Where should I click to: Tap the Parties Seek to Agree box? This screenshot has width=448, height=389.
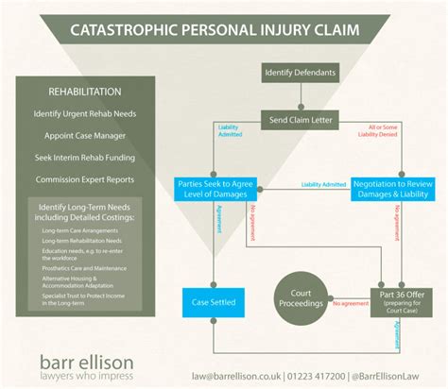coord(215,189)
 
